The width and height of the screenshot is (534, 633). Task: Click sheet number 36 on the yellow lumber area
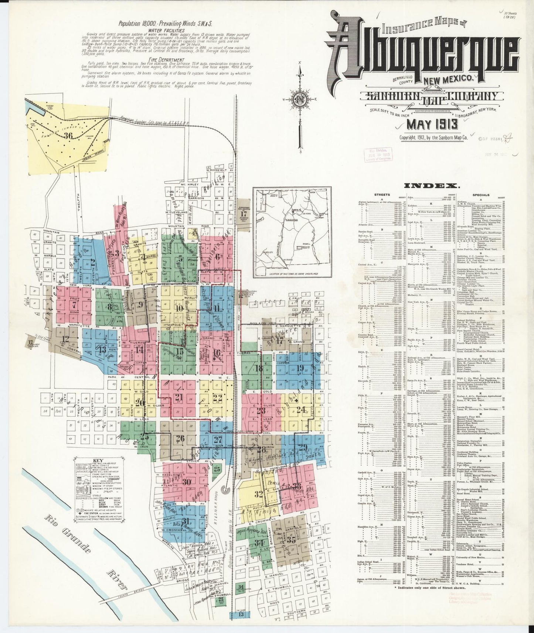click(x=68, y=136)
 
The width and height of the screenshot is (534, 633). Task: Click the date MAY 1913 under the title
click(x=432, y=124)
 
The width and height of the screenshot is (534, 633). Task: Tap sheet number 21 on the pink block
click(x=179, y=397)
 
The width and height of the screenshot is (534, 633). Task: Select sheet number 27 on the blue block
click(x=218, y=439)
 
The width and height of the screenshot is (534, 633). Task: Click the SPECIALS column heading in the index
click(x=480, y=195)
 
